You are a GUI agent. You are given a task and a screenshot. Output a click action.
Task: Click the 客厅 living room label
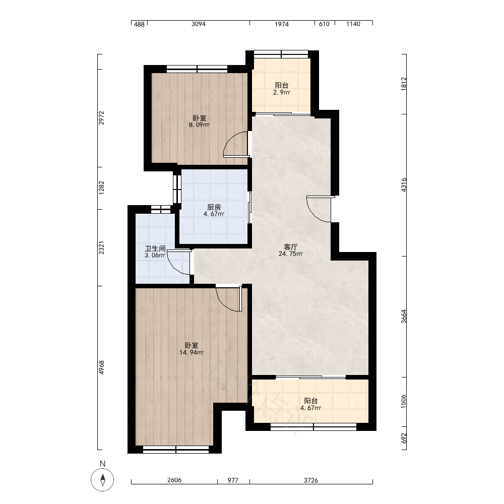pos(291,247)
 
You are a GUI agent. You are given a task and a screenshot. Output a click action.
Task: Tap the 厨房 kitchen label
pos(214,207)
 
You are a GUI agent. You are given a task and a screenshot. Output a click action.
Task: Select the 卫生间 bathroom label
pos(155,248)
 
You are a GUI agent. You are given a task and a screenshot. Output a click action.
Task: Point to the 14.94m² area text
pos(192,353)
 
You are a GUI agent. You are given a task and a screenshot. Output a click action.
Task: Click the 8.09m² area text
pos(199,124)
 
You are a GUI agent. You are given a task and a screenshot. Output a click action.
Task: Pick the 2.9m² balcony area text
pos(282,93)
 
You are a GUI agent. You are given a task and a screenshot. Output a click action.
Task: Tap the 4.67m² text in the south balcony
pos(311,408)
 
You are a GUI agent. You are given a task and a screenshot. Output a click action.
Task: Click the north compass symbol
pos(102,480)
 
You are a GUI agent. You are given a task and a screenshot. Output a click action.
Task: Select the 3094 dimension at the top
pos(198,24)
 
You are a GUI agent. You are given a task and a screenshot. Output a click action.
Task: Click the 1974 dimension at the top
pos(282,24)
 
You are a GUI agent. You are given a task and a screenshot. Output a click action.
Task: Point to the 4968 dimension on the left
pos(102,367)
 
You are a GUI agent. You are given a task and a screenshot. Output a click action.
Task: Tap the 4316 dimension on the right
pos(404,185)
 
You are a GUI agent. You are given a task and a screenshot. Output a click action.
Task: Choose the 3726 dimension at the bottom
pos(311,480)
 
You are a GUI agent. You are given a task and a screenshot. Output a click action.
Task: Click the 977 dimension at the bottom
pos(233,480)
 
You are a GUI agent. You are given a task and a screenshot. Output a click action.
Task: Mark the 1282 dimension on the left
pos(102,187)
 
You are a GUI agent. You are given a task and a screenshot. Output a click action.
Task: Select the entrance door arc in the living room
pos(313,214)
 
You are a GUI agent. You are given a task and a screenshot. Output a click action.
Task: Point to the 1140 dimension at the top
pos(353,24)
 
